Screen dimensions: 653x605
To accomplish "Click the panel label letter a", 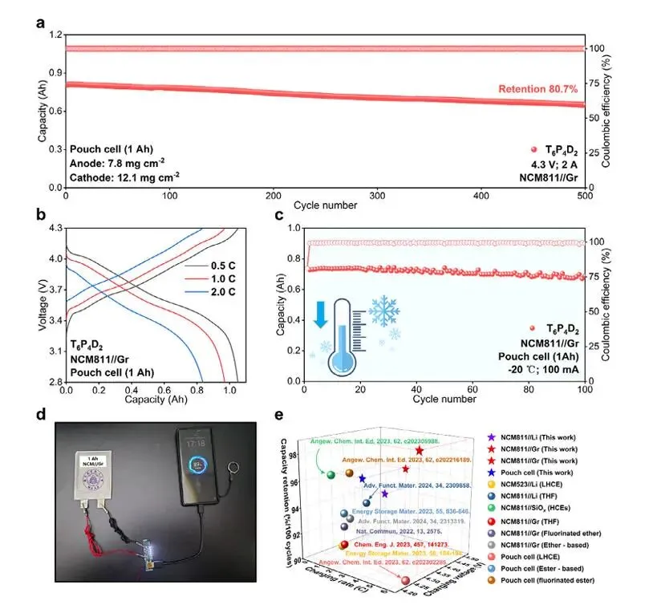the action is (40, 22).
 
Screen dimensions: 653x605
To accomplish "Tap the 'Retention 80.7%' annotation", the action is (538, 89).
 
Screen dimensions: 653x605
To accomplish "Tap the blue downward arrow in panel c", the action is (322, 314).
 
